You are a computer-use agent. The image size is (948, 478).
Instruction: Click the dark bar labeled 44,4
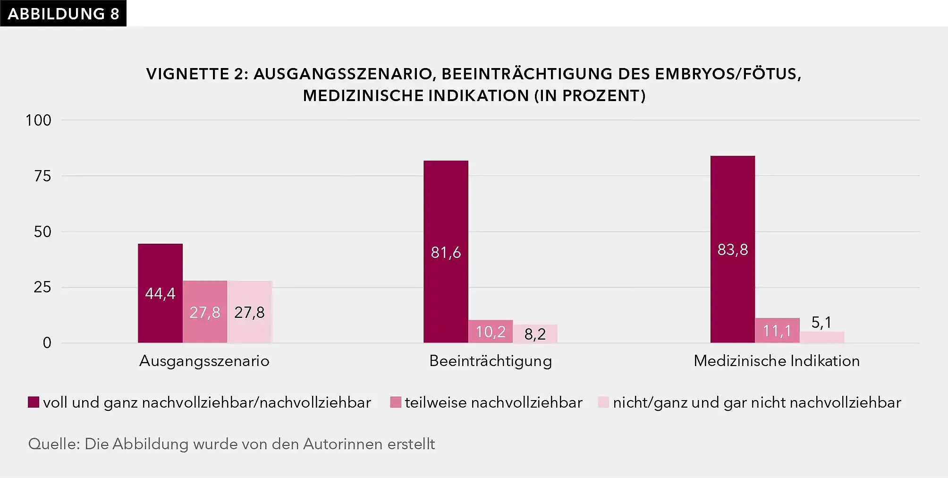click(x=160, y=293)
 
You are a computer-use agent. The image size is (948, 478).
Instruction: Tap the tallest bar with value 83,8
click(x=732, y=249)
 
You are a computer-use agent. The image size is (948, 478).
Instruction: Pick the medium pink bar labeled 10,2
click(x=490, y=332)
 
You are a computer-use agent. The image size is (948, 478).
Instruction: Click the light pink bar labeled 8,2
click(x=535, y=333)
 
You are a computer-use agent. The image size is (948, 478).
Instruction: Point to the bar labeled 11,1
click(x=777, y=331)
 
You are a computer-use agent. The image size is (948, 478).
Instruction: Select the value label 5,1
click(x=821, y=323)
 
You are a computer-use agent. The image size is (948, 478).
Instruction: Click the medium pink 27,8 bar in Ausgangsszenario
click(x=204, y=312)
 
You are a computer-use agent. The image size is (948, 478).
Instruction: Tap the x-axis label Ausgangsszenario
click(x=204, y=361)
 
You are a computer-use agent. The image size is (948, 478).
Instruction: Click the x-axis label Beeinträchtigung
click(x=490, y=361)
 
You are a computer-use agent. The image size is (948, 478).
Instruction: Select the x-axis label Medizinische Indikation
click(x=776, y=361)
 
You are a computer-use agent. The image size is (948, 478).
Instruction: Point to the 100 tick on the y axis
click(x=38, y=120)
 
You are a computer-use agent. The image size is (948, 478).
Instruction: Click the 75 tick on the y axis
click(x=42, y=176)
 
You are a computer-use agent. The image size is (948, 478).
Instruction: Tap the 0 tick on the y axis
click(x=47, y=343)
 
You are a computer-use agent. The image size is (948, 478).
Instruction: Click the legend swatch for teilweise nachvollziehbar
click(x=395, y=402)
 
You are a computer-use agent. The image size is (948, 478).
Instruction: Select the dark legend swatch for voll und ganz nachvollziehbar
click(x=34, y=402)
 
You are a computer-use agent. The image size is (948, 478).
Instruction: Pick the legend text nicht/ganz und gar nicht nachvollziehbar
click(x=757, y=402)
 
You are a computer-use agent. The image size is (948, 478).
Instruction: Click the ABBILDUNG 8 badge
click(x=63, y=14)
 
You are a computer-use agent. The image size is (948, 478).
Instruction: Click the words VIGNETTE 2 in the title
click(x=196, y=74)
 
